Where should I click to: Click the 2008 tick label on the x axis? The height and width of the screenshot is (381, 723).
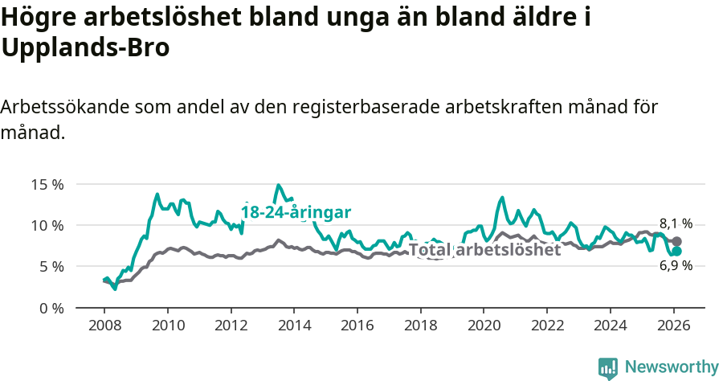point(104,325)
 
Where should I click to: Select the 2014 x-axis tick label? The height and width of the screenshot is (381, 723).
point(293,325)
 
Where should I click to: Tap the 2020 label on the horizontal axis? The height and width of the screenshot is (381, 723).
point(483,325)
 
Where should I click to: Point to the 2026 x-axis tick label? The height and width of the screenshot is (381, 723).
point(672,325)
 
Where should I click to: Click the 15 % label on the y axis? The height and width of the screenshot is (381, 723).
point(47,184)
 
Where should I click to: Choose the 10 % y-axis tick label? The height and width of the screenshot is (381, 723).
point(47,225)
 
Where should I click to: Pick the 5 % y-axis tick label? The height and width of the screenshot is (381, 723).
point(51,266)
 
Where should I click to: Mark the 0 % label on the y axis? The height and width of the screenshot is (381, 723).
point(51,308)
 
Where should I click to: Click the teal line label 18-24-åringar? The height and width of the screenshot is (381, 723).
point(296,212)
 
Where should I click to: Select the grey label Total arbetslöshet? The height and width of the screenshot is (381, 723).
point(484,250)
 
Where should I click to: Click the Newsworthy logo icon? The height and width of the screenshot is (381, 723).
point(608,367)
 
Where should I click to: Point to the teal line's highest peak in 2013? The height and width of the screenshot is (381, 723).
point(279,186)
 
